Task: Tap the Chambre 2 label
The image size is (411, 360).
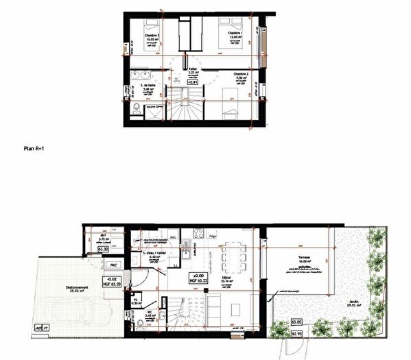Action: tap(239, 74)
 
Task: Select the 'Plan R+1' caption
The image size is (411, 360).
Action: tap(34, 147)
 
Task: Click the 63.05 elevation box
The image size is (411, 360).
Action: tap(296, 321)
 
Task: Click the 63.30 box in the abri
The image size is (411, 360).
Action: tap(104, 250)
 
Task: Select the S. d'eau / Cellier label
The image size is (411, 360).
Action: tap(155, 254)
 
